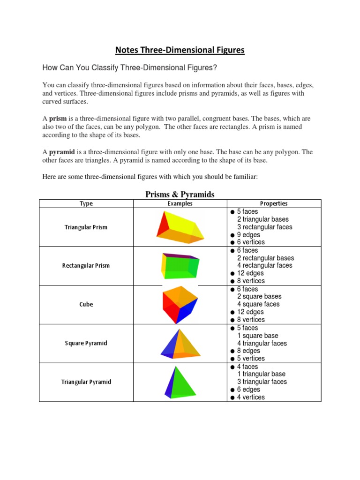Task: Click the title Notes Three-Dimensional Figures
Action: click(x=180, y=50)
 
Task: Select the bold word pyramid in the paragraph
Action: click(x=61, y=152)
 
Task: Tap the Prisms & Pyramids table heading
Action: click(x=180, y=195)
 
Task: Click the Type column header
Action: click(x=86, y=203)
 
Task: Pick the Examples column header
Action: click(x=180, y=203)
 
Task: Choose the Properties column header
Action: click(x=274, y=203)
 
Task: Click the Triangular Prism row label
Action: click(x=86, y=227)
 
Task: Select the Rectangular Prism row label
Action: click(x=86, y=266)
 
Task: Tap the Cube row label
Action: click(x=86, y=304)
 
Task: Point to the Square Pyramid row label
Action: click(x=86, y=343)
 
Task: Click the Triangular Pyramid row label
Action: click(x=86, y=382)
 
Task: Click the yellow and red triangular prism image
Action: click(x=180, y=227)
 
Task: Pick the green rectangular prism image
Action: click(x=180, y=265)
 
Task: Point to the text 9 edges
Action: click(x=248, y=235)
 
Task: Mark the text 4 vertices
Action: click(x=251, y=397)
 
